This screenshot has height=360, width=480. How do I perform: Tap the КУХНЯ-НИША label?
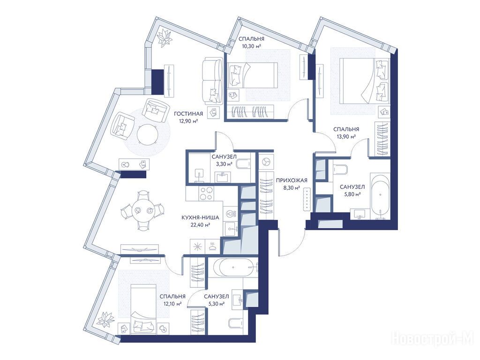pyautogui.click(x=200, y=217)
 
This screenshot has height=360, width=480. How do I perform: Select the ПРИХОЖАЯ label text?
pyautogui.click(x=292, y=180)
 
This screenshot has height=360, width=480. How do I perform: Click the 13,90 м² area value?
pyautogui.click(x=346, y=136)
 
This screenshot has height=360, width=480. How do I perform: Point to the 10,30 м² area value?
pyautogui.click(x=251, y=46)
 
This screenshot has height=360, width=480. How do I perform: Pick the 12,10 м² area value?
pyautogui.click(x=172, y=304)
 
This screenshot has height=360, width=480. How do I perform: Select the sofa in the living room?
pyautogui.click(x=212, y=81)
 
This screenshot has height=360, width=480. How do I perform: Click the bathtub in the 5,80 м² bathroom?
pyautogui.click(x=380, y=196)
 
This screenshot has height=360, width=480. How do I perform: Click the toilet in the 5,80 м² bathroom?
pyautogui.click(x=339, y=169)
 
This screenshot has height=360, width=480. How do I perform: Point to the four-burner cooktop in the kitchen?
pyautogui.click(x=206, y=194)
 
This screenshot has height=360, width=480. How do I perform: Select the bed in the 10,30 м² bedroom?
pyautogui.click(x=253, y=75)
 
